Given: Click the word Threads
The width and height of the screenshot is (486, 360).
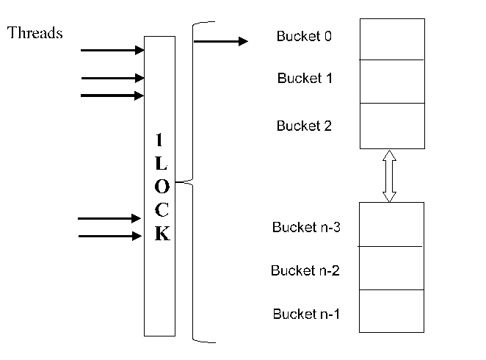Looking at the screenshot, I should (x=35, y=33).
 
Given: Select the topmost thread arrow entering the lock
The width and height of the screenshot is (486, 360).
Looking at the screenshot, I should (x=112, y=51).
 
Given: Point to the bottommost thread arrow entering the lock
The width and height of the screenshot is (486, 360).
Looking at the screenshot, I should (x=109, y=236).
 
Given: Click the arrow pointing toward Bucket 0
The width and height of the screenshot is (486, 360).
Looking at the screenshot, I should (x=221, y=41).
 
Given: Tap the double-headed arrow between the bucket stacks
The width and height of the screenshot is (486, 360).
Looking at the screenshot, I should (x=389, y=176).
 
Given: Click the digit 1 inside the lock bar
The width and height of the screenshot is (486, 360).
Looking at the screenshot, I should (x=162, y=140).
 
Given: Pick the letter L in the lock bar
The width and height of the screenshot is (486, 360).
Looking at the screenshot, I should (x=162, y=162).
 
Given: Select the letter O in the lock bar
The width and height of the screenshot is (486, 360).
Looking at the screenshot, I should (x=162, y=186).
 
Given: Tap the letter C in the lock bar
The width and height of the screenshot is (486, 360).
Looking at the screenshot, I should (x=162, y=210).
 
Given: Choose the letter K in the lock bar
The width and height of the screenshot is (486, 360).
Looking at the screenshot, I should (x=162, y=234).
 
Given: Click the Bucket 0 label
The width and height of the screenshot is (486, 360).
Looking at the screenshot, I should (x=304, y=36).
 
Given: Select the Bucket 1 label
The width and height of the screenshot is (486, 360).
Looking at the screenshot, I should (x=305, y=79).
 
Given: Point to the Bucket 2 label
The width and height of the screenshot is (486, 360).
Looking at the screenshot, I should (x=304, y=126).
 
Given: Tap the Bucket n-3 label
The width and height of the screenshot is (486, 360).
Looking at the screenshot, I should (x=305, y=227).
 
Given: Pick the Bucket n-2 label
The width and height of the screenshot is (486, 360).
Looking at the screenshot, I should (x=305, y=270).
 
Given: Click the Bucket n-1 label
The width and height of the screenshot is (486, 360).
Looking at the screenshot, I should (x=306, y=314).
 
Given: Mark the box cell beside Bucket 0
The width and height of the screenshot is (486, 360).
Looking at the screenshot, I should (x=392, y=40).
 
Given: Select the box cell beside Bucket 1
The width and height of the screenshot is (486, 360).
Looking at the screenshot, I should (x=392, y=82).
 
